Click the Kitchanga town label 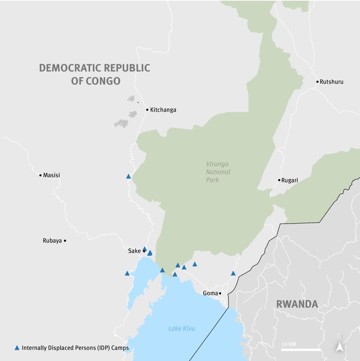163,110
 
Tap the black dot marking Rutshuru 317,82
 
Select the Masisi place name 51,175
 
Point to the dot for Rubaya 65,241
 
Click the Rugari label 290,180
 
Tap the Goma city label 210,293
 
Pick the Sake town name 134,251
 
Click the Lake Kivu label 182,328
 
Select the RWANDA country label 297,304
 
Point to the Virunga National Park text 218,172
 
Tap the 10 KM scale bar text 289,344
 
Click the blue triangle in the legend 17,348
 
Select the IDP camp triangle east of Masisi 129,176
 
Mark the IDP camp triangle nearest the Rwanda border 233,273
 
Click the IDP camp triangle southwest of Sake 127,273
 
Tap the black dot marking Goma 220,293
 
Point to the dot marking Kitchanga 147,110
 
